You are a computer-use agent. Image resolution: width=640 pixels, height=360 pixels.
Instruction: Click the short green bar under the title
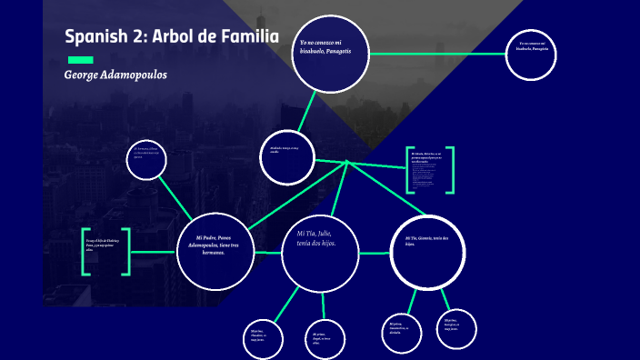coord(80,59)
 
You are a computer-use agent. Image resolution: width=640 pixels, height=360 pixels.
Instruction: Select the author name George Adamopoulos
coord(115,75)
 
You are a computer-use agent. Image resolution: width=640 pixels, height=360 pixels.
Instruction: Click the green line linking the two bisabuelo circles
coord(436,55)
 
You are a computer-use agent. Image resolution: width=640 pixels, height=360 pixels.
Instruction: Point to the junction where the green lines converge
coord(346,163)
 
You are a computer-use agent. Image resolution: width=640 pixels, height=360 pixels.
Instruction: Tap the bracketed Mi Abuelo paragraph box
coord(430,170)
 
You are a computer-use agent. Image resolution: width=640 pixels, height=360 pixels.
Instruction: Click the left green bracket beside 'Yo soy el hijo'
coord(85,251)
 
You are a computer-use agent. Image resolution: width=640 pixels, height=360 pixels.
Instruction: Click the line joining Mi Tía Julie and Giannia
coord(375,252)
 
